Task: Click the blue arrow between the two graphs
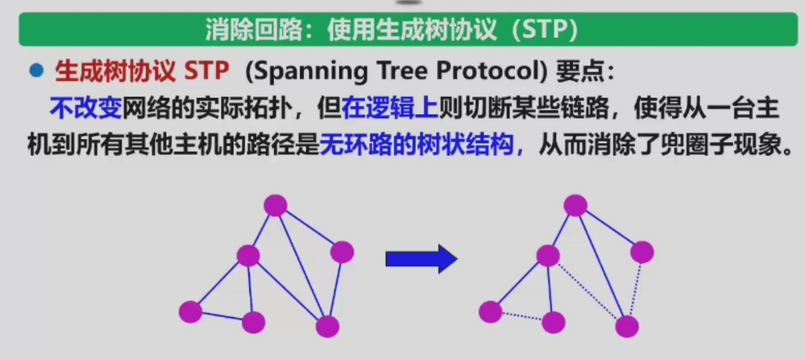point(421,259)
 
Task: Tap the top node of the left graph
point(275,205)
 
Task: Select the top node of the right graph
point(575,205)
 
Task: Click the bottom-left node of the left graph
point(190,312)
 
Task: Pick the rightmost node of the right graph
point(642,252)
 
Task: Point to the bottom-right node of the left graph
point(327,326)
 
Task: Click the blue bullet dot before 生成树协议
point(37,72)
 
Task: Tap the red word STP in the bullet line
point(206,72)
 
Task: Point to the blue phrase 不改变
point(86,108)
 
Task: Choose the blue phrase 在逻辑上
point(389,108)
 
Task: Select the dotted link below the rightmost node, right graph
point(635,290)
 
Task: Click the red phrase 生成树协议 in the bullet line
point(115,72)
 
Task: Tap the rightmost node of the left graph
point(342,252)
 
